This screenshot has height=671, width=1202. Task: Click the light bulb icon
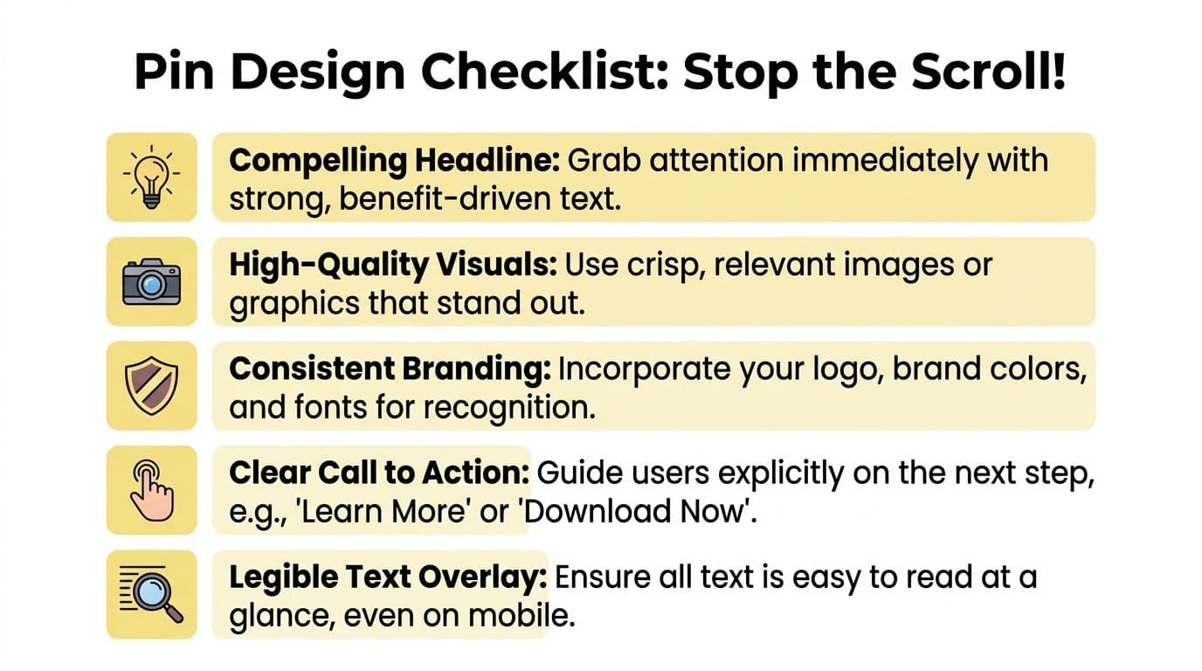point(151,176)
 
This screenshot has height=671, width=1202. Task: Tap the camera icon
point(151,281)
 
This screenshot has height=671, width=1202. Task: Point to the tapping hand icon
point(151,490)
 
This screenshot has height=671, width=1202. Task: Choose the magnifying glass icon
point(151,594)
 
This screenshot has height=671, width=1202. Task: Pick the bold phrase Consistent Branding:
point(390,370)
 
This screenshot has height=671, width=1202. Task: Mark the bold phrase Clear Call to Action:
point(379,474)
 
